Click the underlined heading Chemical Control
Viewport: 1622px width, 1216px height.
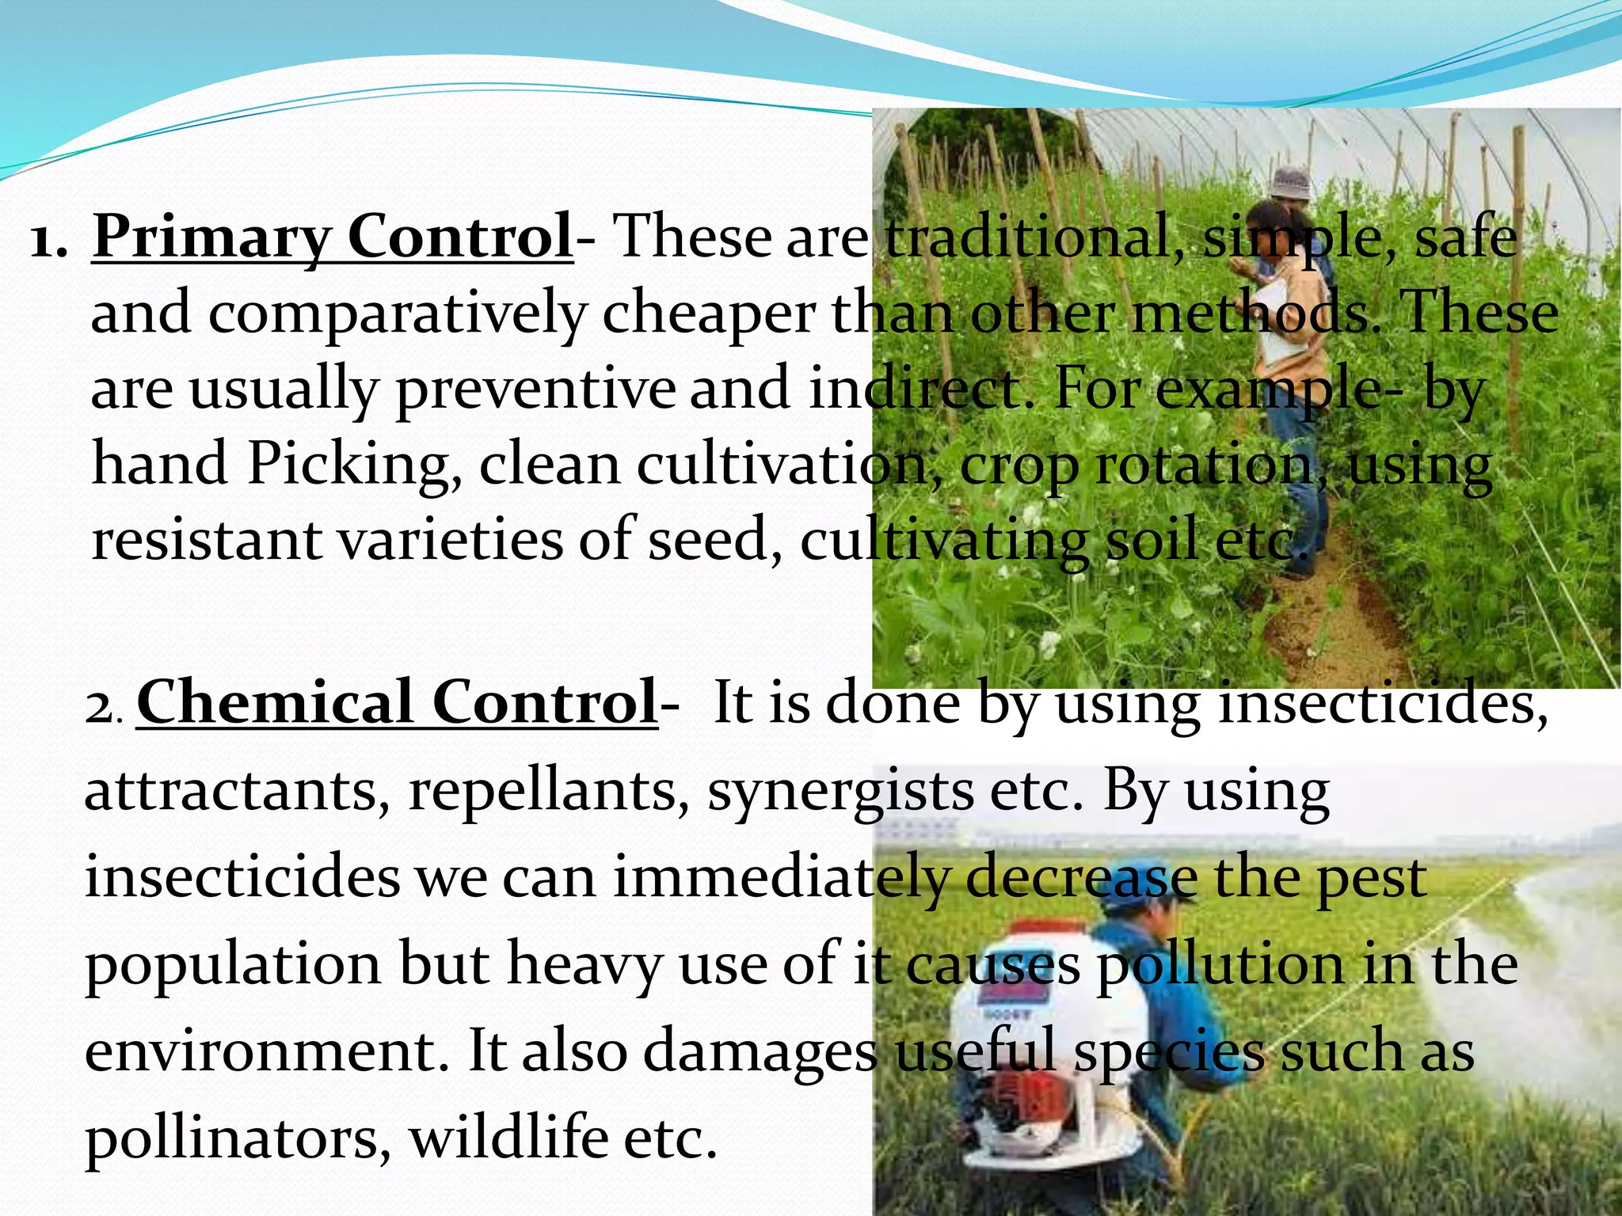[396, 702]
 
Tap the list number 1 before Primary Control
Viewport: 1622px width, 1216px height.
[48, 239]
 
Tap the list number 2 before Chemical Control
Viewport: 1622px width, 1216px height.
[101, 707]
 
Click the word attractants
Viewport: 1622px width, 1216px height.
[233, 791]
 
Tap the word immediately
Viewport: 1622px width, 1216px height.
[779, 879]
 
